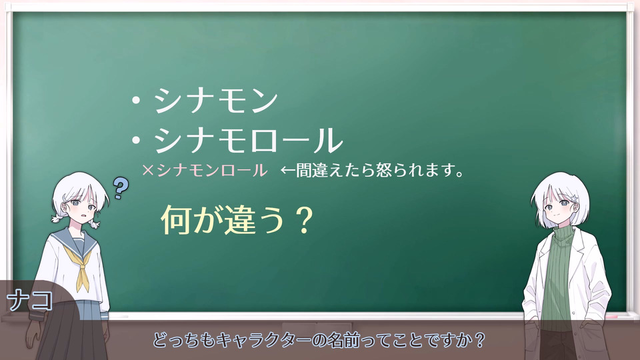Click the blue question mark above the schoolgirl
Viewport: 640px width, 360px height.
[121, 189]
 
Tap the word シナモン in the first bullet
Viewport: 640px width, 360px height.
[216, 101]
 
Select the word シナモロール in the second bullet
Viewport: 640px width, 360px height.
[248, 140]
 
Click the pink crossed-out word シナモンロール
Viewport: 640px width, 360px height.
[212, 170]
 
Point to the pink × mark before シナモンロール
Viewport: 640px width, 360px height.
[148, 171]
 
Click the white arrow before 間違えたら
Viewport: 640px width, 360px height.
[288, 171]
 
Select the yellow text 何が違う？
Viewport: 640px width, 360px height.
[237, 219]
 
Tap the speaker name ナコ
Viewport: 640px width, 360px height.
[30, 301]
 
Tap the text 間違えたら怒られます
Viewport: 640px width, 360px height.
[373, 171]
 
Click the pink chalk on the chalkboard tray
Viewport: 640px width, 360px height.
[611, 317]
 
